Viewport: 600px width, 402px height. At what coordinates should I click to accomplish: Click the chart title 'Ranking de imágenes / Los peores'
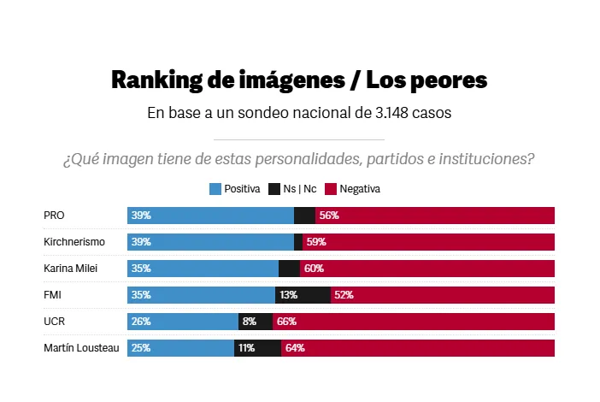[299, 80]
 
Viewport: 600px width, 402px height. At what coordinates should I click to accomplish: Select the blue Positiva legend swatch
[215, 188]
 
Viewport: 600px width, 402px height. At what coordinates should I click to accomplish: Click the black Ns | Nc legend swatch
[274, 188]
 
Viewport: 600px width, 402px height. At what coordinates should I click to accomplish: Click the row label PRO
[54, 216]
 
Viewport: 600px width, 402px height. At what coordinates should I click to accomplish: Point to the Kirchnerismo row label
[74, 242]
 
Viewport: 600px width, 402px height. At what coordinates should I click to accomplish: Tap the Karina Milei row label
[70, 269]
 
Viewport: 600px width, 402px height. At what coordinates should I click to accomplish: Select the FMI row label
[53, 295]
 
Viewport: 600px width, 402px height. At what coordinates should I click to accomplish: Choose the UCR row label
[54, 322]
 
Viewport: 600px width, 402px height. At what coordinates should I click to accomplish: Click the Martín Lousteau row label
[81, 348]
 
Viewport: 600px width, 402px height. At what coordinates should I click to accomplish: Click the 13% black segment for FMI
[303, 295]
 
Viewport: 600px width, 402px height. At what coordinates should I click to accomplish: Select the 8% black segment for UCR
[255, 322]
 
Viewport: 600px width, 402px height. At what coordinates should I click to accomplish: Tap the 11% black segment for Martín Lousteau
[257, 348]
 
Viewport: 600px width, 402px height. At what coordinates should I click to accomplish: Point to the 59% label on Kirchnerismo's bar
[316, 242]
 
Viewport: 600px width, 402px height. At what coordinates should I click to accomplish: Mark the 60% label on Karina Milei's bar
[314, 269]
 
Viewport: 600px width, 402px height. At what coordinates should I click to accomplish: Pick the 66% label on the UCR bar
[286, 322]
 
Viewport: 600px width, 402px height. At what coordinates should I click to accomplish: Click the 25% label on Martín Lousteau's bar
[141, 348]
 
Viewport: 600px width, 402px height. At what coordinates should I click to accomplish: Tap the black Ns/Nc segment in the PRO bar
[304, 216]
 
